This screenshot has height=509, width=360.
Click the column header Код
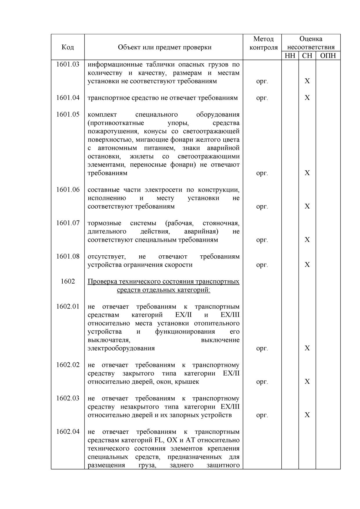68,47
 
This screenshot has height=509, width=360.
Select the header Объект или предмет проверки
164,47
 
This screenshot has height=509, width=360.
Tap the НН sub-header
290,56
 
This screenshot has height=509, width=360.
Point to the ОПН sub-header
328,56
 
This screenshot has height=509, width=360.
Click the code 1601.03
68,64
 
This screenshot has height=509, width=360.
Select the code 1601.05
68,114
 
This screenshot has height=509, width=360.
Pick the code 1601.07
68,223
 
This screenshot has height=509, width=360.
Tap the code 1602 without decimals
68,281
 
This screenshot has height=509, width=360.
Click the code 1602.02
68,365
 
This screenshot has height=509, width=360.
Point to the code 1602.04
68,432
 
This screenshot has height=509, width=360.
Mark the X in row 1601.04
307,98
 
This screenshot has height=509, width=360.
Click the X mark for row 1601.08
307,265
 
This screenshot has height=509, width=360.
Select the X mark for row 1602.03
307,415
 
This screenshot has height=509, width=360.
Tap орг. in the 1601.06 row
262,207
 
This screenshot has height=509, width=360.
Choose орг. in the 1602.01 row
262,348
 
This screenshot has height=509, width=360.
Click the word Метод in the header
263,39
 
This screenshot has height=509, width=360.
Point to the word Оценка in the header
311,39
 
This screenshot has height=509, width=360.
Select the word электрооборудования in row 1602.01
121,348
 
